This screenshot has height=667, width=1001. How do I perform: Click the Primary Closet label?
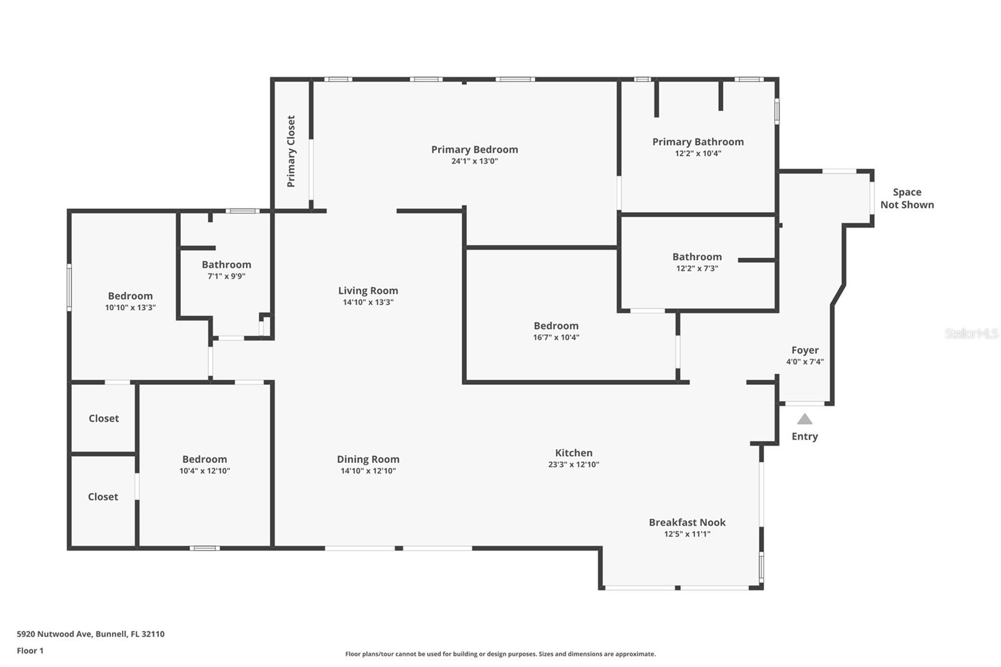(291, 151)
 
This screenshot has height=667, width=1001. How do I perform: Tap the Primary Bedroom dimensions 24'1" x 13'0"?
(474, 161)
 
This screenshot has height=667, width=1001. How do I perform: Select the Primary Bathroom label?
(698, 142)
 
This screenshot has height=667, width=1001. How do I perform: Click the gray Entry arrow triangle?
(805, 419)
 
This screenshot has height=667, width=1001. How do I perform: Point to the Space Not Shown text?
(907, 198)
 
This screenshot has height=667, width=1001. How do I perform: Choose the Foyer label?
(805, 350)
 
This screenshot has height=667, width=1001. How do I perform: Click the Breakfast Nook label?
(687, 522)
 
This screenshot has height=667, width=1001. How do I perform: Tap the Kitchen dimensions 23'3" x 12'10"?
(573, 465)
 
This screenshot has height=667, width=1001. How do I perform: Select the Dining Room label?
(368, 459)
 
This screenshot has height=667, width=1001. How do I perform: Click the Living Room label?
(368, 290)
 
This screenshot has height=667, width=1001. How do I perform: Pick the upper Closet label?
(103, 419)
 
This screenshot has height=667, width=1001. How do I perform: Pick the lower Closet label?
(103, 497)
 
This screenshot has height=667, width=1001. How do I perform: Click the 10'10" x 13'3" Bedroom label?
(130, 296)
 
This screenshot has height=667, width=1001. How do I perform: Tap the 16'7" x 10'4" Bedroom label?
(556, 326)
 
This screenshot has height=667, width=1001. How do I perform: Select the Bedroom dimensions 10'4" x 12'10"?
(205, 471)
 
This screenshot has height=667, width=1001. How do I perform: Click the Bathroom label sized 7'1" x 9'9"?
(226, 265)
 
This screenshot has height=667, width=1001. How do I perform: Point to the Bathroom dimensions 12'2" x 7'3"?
(696, 268)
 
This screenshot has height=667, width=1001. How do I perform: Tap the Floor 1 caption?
(30, 651)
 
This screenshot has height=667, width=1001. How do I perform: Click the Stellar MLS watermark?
(971, 334)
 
